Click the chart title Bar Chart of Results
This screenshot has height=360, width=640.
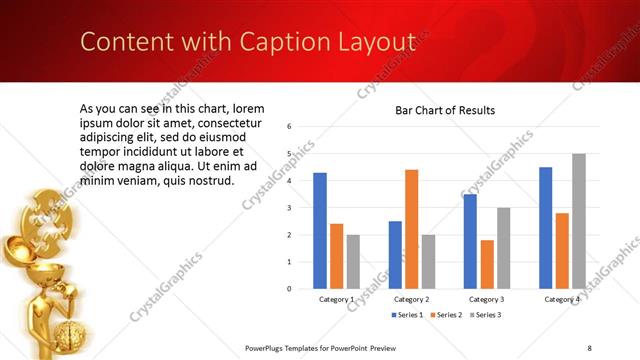[x=445, y=110]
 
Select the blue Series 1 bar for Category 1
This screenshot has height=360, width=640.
[x=320, y=230]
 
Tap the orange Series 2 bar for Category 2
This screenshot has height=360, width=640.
[x=411, y=229]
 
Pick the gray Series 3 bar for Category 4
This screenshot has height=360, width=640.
[x=579, y=221]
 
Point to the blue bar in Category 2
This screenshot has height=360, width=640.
[x=395, y=255]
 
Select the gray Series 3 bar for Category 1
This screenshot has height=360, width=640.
[x=353, y=261]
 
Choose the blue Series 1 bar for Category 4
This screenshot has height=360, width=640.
[x=545, y=227]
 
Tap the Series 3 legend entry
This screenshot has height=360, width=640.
[x=487, y=315]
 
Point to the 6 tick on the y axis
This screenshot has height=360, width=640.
[x=289, y=127]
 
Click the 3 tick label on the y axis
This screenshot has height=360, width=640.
[x=289, y=208]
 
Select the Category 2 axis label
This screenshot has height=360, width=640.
[x=411, y=299]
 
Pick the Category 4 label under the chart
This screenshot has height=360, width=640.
[x=562, y=299]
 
